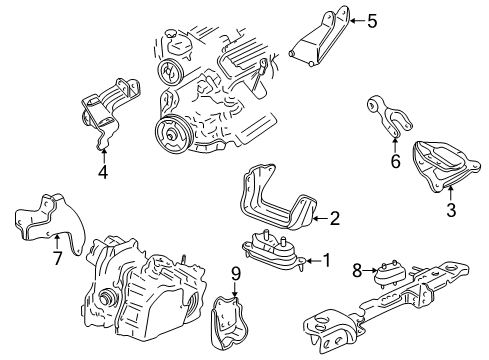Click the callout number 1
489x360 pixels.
pyautogui.click(x=325, y=261)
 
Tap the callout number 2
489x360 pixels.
pyautogui.click(x=335, y=216)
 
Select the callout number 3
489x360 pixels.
pyautogui.click(x=450, y=210)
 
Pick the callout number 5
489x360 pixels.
pyautogui.click(x=373, y=18)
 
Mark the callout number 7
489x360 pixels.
pyautogui.click(x=57, y=258)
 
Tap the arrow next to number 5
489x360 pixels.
pyautogui.click(x=355, y=18)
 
